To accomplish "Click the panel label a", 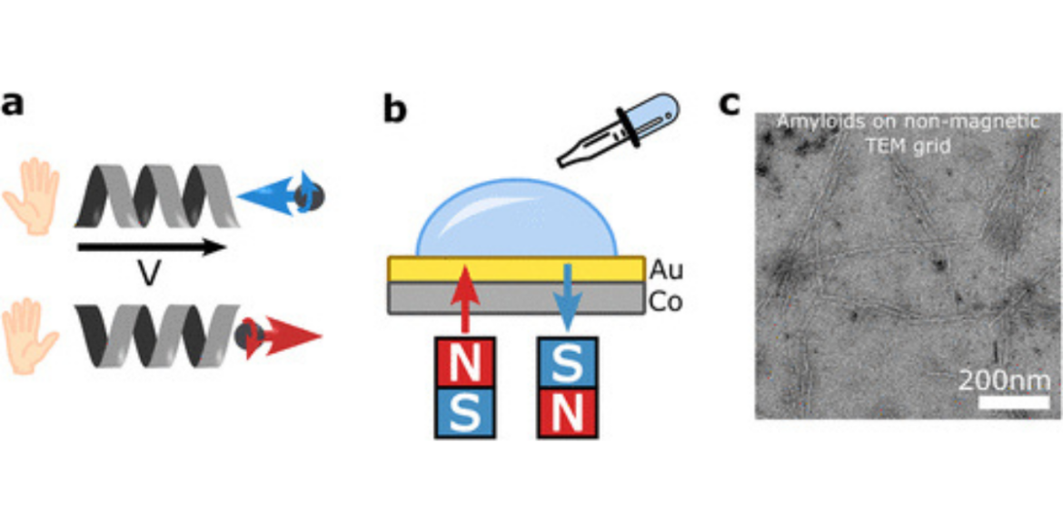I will [13, 105].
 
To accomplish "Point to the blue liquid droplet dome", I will [516, 219].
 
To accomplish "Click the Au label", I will [666, 269].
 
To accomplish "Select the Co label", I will [666, 301].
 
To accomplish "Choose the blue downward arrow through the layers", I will [567, 296].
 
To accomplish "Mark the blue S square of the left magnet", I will [464, 412].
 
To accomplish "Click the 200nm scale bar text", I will [1005, 379].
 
